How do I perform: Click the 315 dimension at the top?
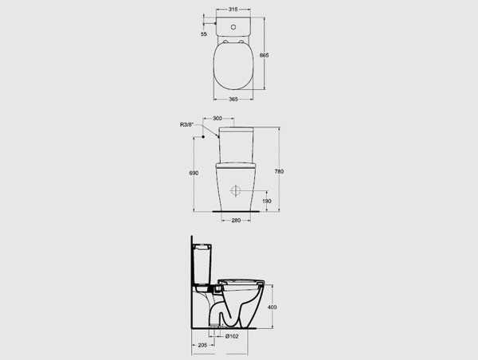pyautogui.click(x=233, y=10)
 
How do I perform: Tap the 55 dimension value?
pyautogui.click(x=204, y=34)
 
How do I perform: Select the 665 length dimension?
pyautogui.click(x=264, y=55)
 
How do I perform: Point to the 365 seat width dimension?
pyautogui.click(x=233, y=99)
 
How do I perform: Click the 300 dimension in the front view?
pyautogui.click(x=217, y=118)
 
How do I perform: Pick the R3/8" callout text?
pyautogui.click(x=187, y=124)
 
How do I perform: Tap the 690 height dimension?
pyautogui.click(x=194, y=173)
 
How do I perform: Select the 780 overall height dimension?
pyautogui.click(x=279, y=171)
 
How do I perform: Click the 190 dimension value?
pyautogui.click(x=266, y=202)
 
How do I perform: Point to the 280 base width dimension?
pyautogui.click(x=236, y=220)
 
